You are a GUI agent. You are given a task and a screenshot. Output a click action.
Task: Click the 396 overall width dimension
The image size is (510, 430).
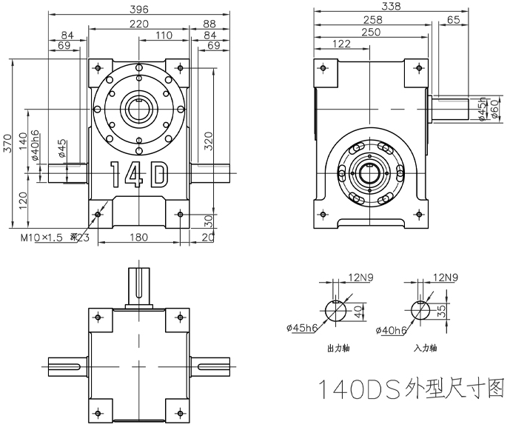[x=139, y=10]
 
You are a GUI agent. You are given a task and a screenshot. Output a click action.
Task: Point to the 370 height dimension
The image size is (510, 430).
[x=7, y=143]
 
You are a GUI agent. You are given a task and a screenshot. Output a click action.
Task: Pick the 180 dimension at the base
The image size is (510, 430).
[x=139, y=238]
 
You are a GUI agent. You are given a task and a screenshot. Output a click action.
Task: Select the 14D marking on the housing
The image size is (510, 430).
[x=139, y=175]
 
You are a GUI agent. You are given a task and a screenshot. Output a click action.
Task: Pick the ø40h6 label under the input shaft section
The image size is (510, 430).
[x=389, y=329]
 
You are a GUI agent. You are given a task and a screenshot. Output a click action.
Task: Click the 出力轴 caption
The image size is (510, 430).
[x=338, y=346]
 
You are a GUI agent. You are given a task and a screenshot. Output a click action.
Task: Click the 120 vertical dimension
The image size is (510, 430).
[x=23, y=198]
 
